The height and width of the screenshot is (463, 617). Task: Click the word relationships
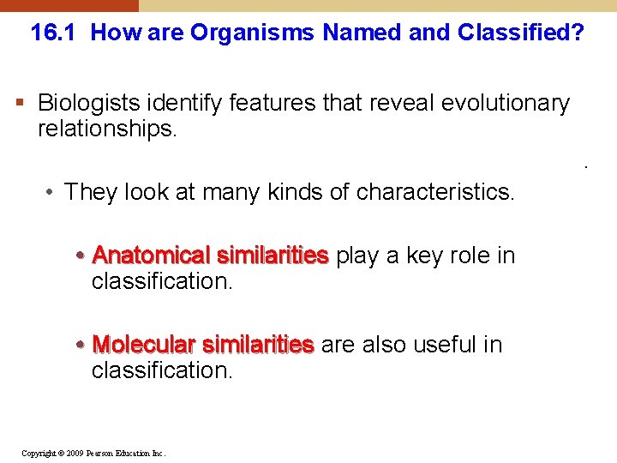pos(105,129)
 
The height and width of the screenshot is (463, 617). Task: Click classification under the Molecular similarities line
pos(162,370)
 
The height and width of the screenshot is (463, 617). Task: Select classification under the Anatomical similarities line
pos(162,281)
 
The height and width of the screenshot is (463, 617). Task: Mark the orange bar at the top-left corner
pos(69,5)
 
